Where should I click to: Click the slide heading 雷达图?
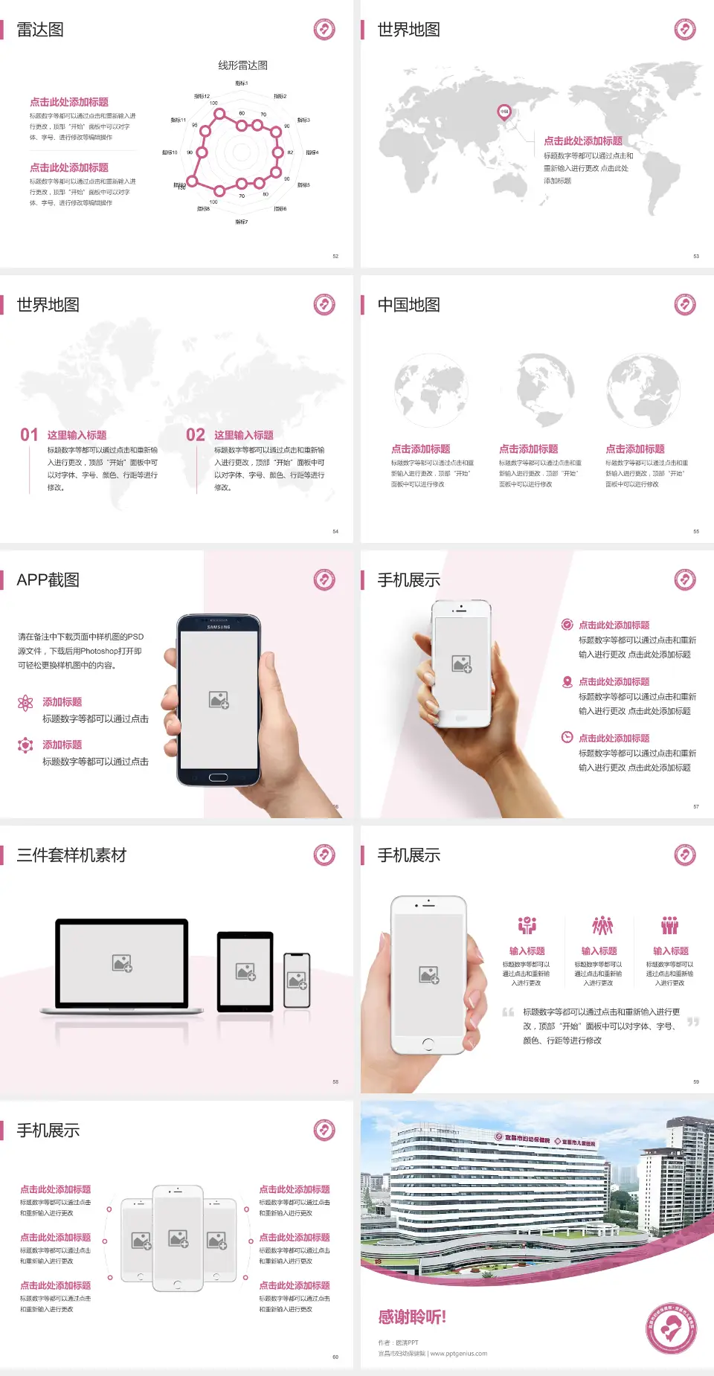click(40, 30)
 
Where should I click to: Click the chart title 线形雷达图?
click(242, 65)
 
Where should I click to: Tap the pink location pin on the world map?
click(504, 112)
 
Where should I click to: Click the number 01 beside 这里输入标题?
click(29, 435)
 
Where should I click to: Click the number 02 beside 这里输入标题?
click(196, 435)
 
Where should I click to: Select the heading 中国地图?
click(408, 305)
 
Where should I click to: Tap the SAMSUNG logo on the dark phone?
click(219, 627)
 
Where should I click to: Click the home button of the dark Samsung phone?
click(218, 778)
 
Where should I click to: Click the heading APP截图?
click(48, 580)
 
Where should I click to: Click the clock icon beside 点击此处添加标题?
click(567, 737)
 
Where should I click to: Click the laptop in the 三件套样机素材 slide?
click(122, 965)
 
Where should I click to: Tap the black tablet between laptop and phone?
click(245, 971)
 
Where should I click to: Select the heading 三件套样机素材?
click(71, 855)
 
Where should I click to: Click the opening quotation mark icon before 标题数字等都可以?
click(508, 1012)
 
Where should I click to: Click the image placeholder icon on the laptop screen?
click(122, 963)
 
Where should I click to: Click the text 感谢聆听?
click(412, 1317)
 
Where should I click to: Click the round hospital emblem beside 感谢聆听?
click(671, 1329)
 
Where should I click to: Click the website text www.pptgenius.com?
click(459, 1354)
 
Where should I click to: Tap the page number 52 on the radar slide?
click(335, 256)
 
